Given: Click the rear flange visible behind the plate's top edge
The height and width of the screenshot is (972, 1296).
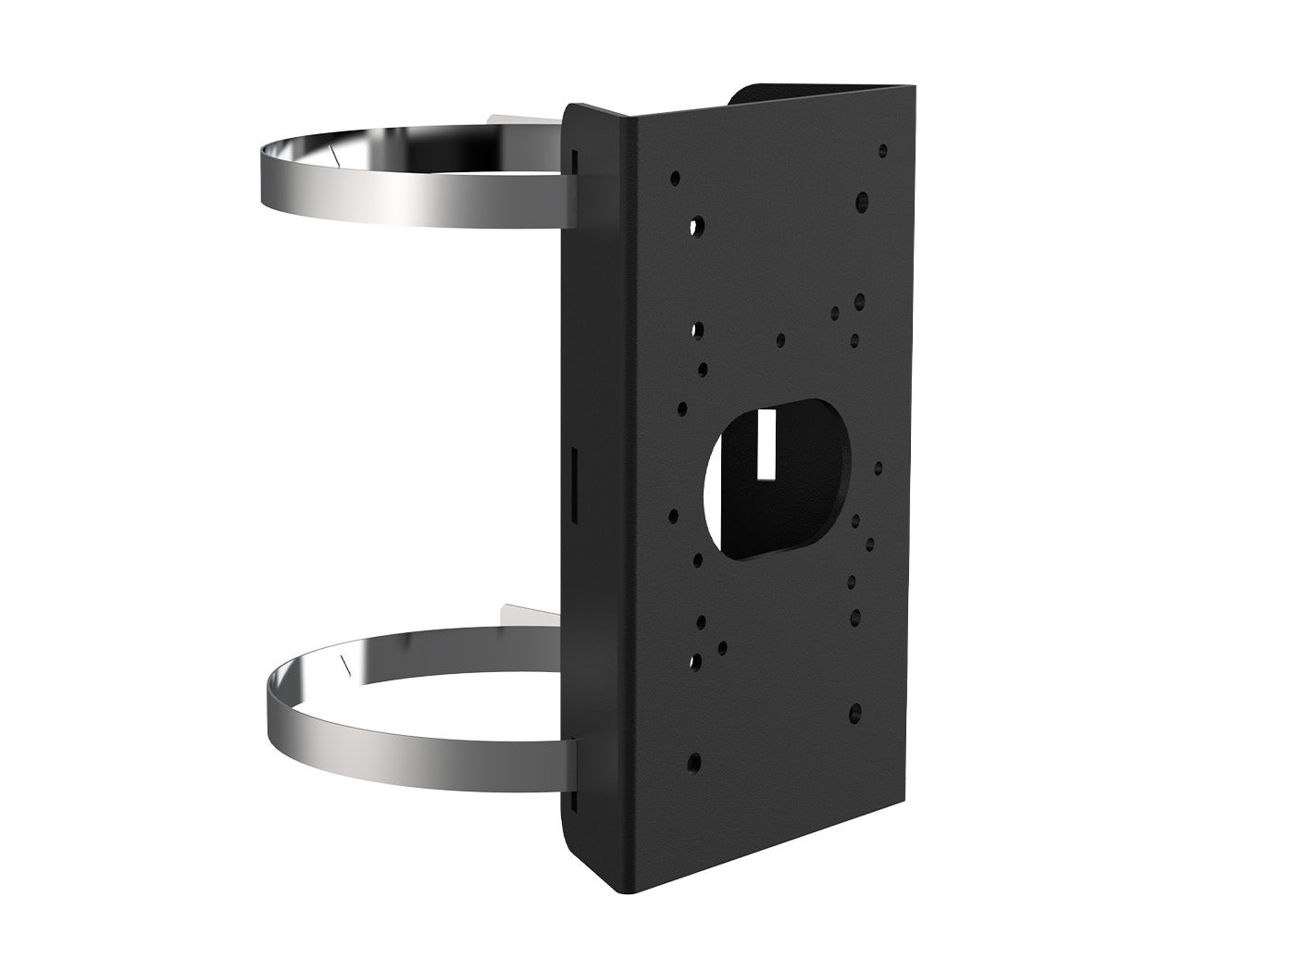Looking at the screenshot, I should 815,93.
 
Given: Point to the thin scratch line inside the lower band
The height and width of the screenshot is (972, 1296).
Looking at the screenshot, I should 344,663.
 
